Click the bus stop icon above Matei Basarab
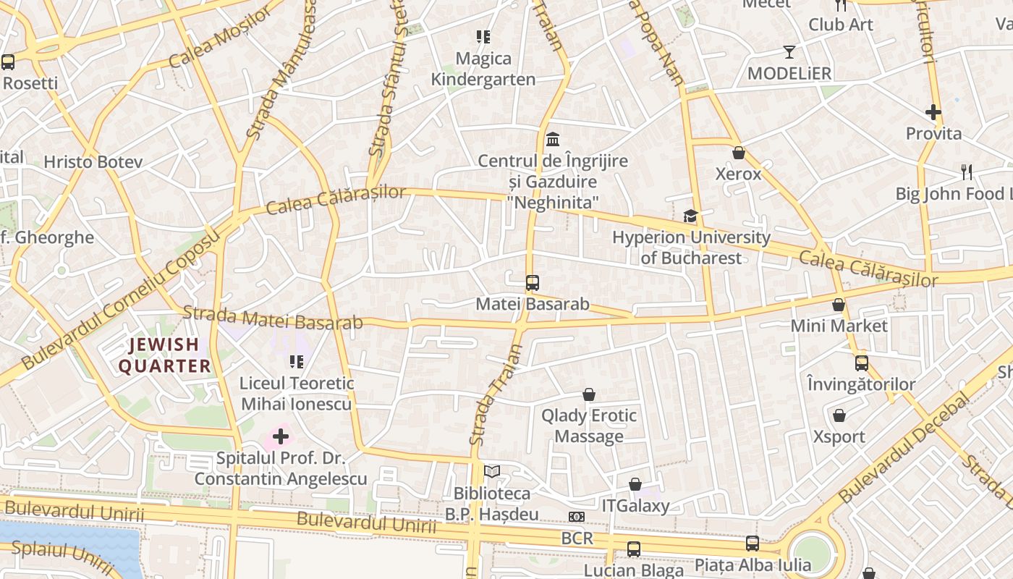tap(533, 283)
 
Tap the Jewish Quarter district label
tap(164, 355)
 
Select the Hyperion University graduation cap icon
tap(690, 216)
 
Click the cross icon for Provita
tap(933, 112)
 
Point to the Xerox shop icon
tap(739, 153)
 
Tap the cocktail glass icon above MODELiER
tap(789, 52)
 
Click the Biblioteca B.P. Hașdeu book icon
tap(492, 472)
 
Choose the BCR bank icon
tap(577, 517)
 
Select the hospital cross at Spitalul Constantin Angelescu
tap(281, 436)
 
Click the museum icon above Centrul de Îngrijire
tap(554, 138)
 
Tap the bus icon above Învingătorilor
tap(862, 363)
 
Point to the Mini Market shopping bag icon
tap(839, 305)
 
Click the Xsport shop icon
tap(839, 415)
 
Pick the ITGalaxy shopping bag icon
tap(635, 484)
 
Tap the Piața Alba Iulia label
tap(753, 564)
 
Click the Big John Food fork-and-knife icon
tap(967, 172)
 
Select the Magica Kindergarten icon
tap(483, 37)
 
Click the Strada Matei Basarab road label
tap(272, 319)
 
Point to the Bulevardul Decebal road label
tap(904, 448)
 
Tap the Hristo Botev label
tap(93, 161)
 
